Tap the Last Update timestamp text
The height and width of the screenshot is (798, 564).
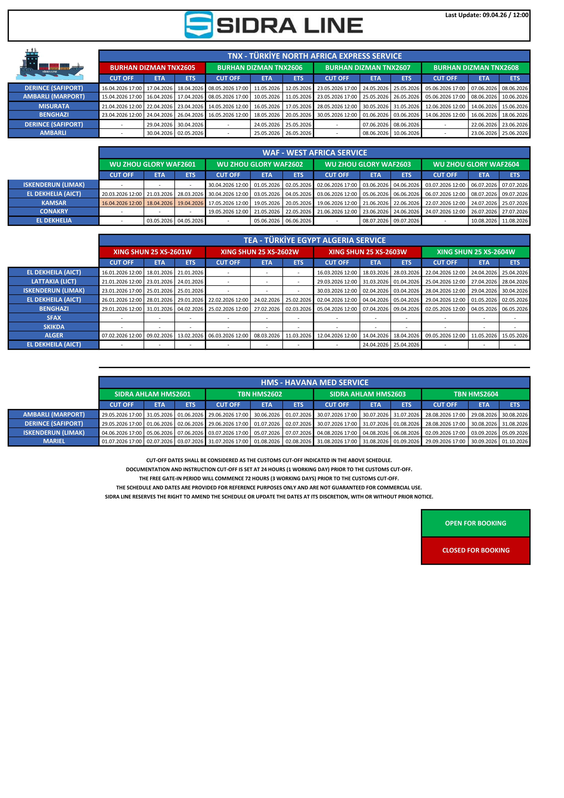[487, 15]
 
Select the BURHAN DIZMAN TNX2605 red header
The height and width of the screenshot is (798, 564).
[153, 68]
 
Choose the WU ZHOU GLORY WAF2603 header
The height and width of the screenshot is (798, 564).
[368, 164]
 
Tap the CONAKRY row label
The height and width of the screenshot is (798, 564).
[54, 211]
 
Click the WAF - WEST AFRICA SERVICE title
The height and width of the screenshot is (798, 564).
[314, 153]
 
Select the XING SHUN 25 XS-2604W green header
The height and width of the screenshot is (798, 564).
[476, 252]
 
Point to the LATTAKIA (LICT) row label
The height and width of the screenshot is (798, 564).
[54, 281]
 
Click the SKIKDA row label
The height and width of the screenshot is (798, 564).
[54, 327]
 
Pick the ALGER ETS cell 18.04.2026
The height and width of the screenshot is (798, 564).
[406, 336]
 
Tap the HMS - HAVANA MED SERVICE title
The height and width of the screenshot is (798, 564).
[314, 383]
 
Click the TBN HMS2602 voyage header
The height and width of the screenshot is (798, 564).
[260, 394]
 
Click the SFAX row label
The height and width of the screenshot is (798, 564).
[54, 318]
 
